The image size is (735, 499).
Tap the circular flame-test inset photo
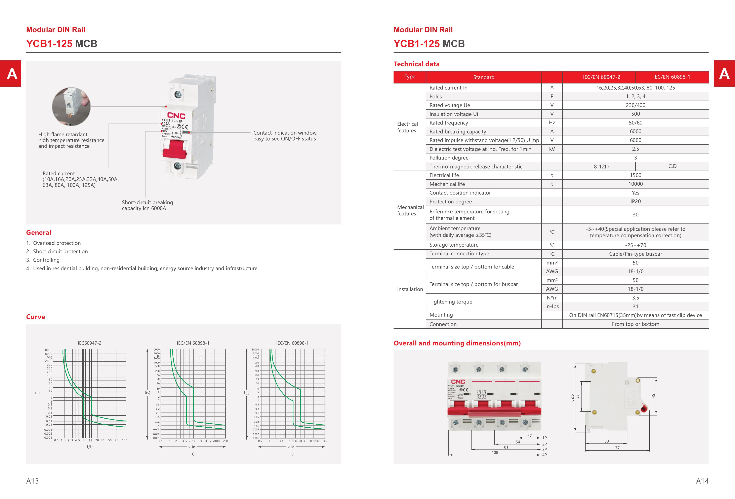click(71, 107)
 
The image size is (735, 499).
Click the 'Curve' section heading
click(35, 317)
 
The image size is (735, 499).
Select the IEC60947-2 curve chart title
click(89, 343)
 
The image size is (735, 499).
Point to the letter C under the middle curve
click(193, 454)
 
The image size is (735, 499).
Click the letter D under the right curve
click(293, 454)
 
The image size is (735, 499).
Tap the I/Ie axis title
click(90, 447)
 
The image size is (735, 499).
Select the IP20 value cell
click(635, 202)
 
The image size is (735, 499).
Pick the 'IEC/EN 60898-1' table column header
click(671, 77)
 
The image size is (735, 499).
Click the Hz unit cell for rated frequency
click(552, 123)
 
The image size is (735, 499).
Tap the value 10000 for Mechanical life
click(635, 184)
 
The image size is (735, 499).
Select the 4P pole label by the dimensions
click(544, 455)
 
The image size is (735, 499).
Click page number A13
click(32, 481)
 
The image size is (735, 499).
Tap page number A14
click(702, 481)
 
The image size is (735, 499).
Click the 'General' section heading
click(39, 233)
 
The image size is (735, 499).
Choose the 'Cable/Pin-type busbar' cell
click(635, 254)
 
